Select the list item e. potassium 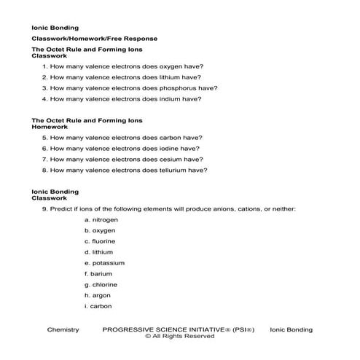coord(104,262)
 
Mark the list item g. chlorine coord(101,285)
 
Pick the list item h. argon coord(98,296)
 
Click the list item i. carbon coord(98,307)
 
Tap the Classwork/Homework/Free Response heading coord(94,38)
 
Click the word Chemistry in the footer coord(62,329)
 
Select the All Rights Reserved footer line coord(179,337)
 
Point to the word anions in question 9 coord(225,208)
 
